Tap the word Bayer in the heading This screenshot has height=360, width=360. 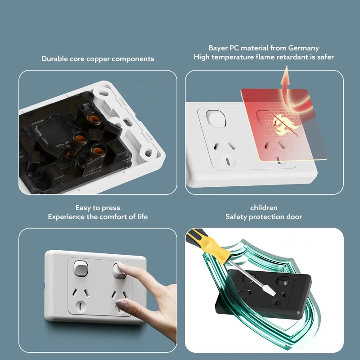(x=218, y=48)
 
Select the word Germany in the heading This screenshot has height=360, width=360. (x=304, y=48)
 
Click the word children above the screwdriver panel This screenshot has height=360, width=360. (x=264, y=208)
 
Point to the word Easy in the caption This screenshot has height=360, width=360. (x=83, y=208)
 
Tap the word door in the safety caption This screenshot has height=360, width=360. (x=294, y=217)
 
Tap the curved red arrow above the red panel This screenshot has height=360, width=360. (x=285, y=84)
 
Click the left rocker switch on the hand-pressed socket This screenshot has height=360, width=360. (x=80, y=269)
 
